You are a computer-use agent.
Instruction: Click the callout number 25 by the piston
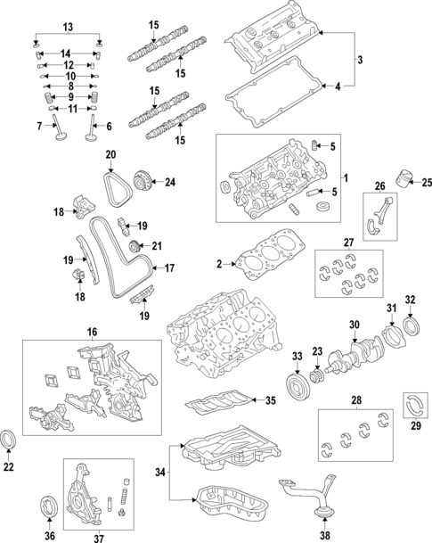click(x=425, y=183)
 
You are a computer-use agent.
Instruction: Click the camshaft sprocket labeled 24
click(x=139, y=183)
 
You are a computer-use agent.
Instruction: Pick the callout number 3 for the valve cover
click(x=361, y=61)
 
